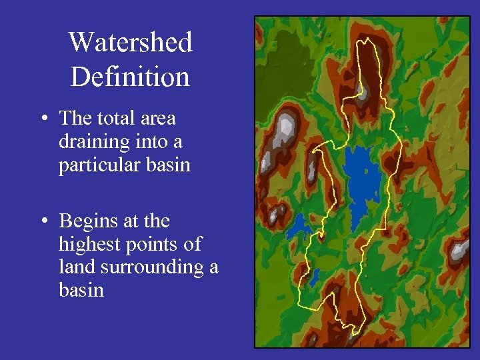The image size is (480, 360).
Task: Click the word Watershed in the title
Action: point(130,43)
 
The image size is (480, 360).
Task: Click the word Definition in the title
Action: point(130,76)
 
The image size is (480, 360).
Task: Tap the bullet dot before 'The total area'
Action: point(42,119)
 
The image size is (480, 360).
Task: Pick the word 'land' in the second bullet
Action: point(77,267)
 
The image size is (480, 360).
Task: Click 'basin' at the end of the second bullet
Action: point(81,290)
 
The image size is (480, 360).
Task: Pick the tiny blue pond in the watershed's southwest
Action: point(313,273)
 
